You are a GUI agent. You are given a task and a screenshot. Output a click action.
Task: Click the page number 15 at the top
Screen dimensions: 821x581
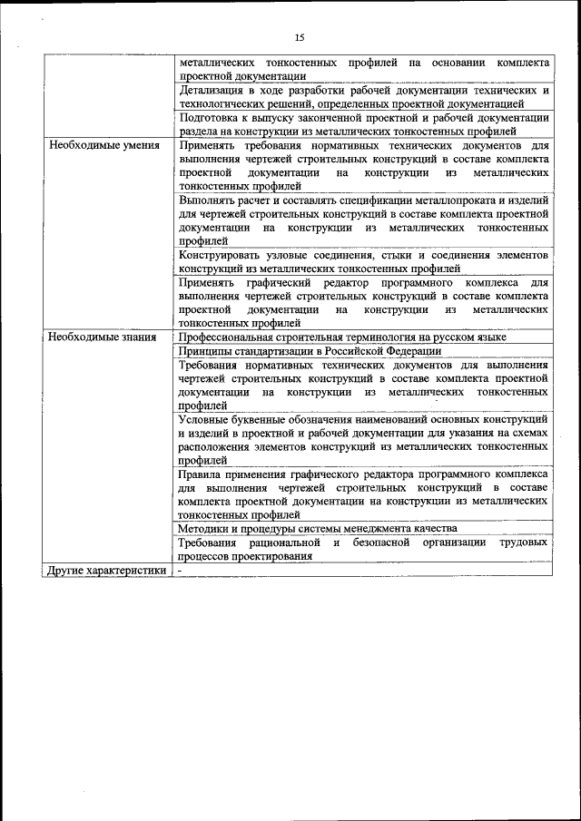[299, 37]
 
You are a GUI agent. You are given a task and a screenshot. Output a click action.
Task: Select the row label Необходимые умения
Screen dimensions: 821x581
[104, 145]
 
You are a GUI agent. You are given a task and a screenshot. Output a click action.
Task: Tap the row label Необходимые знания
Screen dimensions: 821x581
[103, 337]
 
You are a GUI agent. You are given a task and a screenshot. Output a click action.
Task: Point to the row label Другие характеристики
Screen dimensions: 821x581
[108, 570]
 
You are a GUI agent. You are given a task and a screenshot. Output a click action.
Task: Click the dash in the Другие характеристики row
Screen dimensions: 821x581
[181, 570]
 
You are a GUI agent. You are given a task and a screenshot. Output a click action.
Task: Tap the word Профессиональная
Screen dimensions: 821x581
[230, 337]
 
